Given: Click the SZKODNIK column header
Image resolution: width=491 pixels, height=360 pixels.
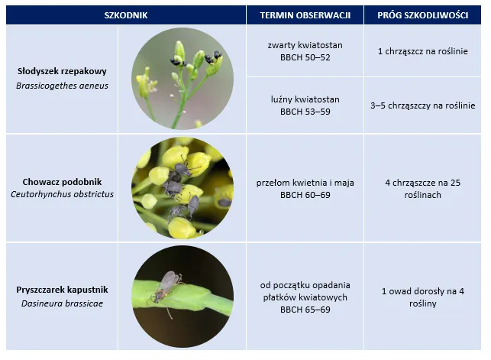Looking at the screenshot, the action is (x=125, y=15).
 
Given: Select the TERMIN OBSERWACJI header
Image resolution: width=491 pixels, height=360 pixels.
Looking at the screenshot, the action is (x=305, y=15).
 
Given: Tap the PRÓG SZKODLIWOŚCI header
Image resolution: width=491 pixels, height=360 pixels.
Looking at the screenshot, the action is (x=422, y=15).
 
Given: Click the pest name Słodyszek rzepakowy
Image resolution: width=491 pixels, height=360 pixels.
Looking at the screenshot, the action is (x=62, y=71).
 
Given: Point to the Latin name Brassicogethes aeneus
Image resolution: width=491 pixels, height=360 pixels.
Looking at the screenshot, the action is (x=62, y=86).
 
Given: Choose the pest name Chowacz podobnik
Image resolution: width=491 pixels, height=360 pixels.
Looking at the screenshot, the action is (x=62, y=182).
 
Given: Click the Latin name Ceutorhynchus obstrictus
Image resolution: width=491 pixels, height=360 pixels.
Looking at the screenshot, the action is (x=62, y=194).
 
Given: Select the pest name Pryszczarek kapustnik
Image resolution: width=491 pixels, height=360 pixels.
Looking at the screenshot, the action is (x=62, y=290).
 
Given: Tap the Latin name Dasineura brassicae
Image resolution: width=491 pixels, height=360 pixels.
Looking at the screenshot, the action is (x=62, y=303).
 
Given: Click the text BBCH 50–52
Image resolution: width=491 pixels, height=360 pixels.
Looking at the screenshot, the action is (x=305, y=57).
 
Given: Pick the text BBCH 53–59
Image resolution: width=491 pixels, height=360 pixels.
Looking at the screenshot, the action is (x=305, y=112).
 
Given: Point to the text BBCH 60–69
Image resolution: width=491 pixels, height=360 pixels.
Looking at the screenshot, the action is (x=305, y=195).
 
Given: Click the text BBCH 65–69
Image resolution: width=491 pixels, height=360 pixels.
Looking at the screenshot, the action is (x=305, y=310).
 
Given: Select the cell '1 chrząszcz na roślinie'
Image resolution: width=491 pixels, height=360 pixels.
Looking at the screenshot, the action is (x=422, y=52).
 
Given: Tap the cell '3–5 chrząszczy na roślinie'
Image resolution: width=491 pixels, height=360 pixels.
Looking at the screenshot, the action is (x=422, y=106).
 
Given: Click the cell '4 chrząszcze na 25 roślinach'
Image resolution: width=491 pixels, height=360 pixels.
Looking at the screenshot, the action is (x=422, y=189).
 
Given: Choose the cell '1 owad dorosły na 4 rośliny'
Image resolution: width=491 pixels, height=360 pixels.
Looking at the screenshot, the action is (x=422, y=297).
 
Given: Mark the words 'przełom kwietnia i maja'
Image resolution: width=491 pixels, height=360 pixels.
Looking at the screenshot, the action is (x=305, y=183).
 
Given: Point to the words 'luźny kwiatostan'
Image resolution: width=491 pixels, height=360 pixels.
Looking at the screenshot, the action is (x=305, y=99).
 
